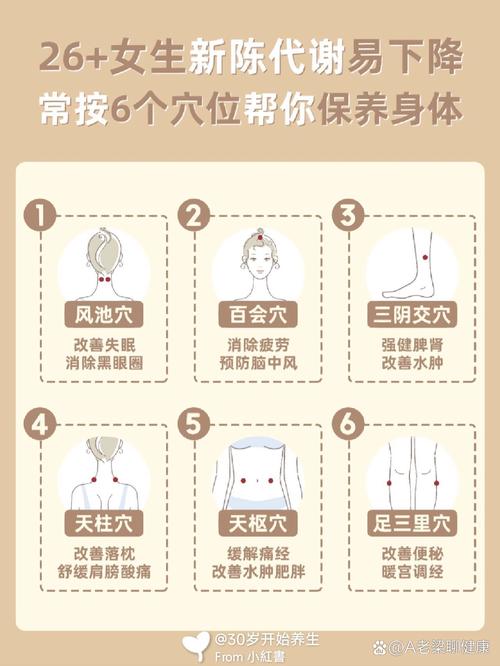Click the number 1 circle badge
(x=37, y=216)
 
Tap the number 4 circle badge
(x=37, y=424)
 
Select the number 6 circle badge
(x=348, y=424)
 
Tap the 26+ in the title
(x=75, y=58)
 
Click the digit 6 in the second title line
(x=134, y=108)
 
